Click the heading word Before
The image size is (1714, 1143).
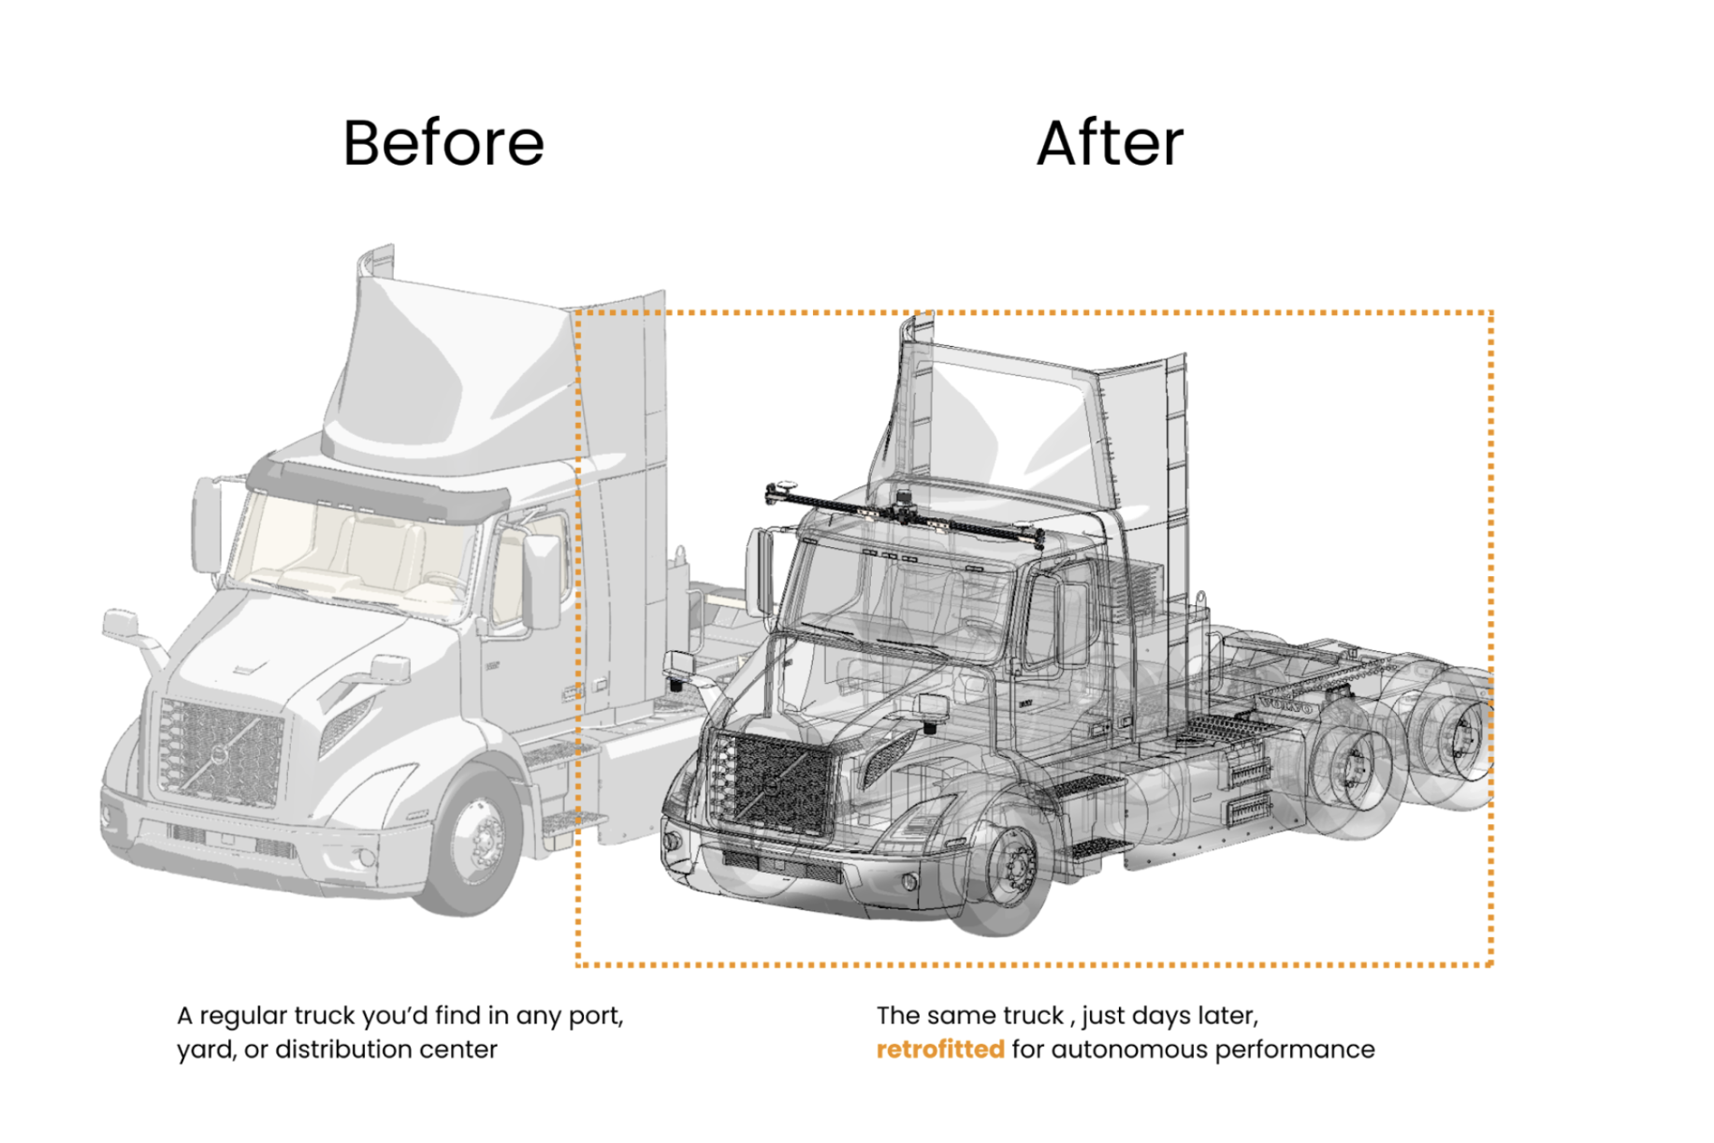pos(443,143)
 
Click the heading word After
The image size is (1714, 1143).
pos(1110,143)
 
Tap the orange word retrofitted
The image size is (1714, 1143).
pos(939,1049)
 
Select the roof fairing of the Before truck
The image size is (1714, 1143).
pos(440,374)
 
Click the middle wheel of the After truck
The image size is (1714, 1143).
pos(1352,772)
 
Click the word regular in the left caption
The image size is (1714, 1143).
pos(243,1016)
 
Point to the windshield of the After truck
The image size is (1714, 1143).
pos(898,589)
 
